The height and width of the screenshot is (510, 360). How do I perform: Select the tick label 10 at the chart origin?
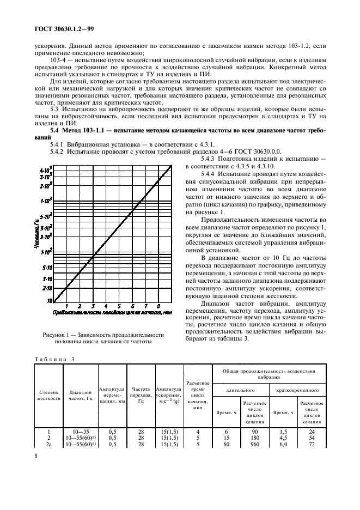pos(49,300)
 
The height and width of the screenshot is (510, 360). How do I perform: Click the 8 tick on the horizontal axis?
pos(158,306)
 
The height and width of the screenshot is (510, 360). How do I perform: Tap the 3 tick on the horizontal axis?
pos(93,306)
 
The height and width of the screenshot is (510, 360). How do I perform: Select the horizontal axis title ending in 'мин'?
pos(111,314)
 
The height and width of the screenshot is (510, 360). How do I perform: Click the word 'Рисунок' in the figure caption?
pos(54,335)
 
